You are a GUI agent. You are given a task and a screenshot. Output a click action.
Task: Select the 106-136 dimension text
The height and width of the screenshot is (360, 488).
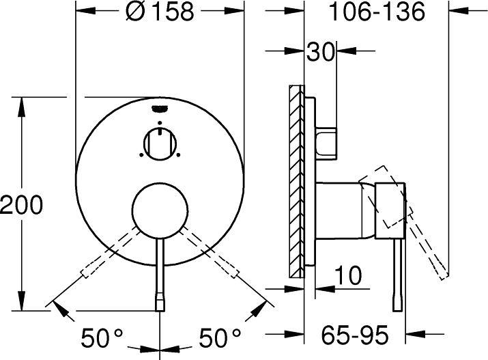pos(377,12)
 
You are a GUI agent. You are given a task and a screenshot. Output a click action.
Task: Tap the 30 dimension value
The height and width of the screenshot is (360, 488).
pos(320,51)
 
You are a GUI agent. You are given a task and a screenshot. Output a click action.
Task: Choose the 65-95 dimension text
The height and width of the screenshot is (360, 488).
pos(356,335)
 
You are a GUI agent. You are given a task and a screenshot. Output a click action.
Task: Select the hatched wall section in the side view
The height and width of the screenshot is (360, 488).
pos(296,181)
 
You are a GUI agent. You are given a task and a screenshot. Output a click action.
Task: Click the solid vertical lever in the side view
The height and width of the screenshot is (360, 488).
pos(397,273)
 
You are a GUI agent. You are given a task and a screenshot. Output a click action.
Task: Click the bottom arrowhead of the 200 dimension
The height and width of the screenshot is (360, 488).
pos(22,305)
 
